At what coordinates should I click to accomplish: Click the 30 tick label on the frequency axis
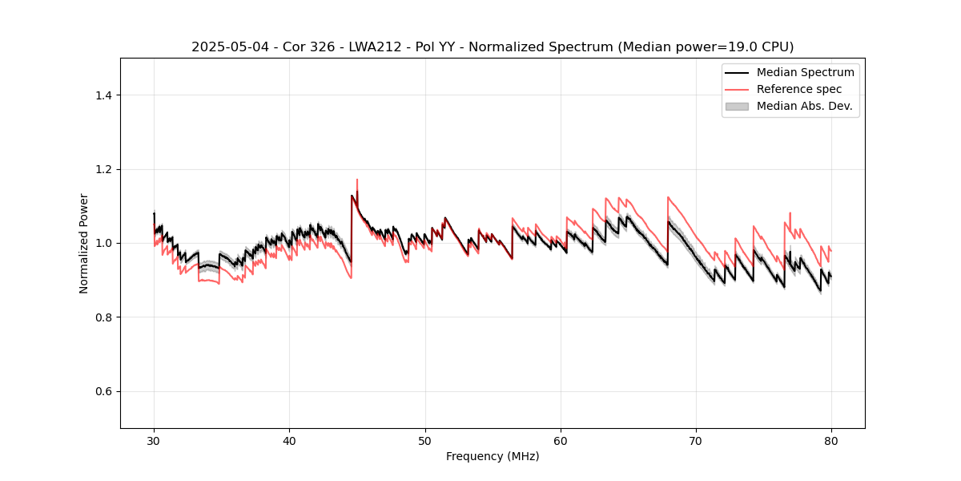point(154,440)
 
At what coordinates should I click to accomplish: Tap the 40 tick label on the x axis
point(289,440)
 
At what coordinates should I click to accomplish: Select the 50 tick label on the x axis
point(425,440)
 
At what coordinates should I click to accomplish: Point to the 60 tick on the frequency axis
point(561,440)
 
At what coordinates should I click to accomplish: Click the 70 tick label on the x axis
point(696,440)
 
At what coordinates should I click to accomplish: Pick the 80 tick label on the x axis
point(831,440)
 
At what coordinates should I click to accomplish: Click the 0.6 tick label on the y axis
point(103,391)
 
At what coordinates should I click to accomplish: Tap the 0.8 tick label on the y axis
point(103,317)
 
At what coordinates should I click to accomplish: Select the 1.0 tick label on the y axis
point(103,243)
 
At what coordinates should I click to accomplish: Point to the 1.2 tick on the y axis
point(103,169)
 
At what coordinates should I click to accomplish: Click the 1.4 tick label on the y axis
point(103,95)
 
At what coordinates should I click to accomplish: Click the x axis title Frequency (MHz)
point(493,456)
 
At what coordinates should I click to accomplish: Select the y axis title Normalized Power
point(84,243)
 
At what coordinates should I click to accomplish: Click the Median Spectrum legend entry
point(805,72)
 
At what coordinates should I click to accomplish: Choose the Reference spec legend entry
point(799,89)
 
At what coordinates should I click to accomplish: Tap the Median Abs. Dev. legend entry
point(804,106)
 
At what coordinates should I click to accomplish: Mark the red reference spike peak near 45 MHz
point(357,180)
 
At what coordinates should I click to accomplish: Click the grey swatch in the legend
point(737,106)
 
